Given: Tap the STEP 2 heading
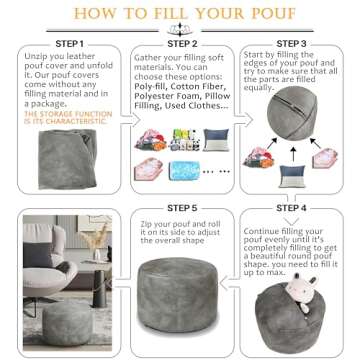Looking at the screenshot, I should tap(182, 44).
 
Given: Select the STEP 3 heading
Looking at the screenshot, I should tap(291, 44).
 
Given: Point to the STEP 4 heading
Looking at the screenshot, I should tap(291, 207).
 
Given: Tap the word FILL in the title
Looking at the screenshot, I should tap(162, 14).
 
